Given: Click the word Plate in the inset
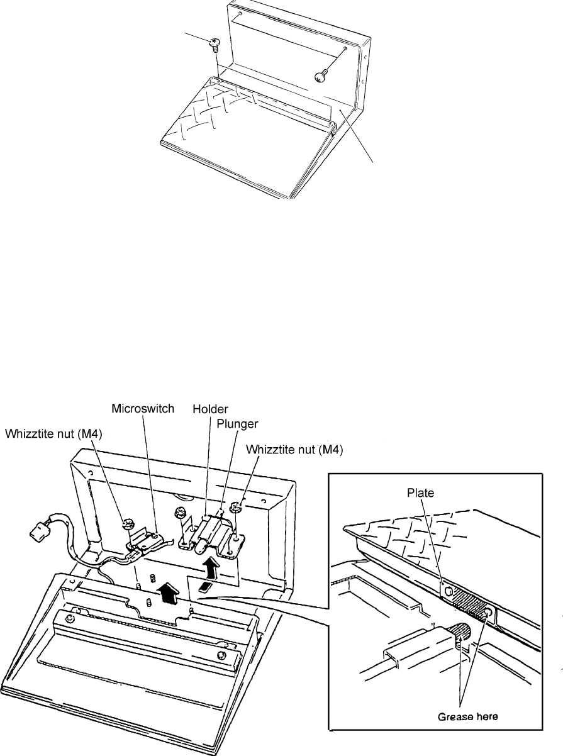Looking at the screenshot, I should coord(421,493).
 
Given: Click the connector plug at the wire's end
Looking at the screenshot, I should coord(35,536).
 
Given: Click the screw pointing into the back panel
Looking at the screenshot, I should coord(321,75).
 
